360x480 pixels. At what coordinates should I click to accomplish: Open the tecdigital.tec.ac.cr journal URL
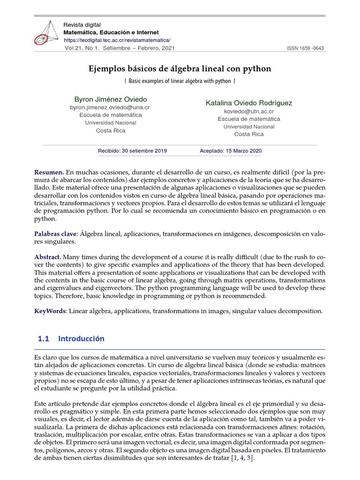tap(117, 40)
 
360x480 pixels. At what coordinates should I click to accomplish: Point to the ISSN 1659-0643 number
tap(305, 49)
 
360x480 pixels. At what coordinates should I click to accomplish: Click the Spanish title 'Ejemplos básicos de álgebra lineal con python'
tap(180, 69)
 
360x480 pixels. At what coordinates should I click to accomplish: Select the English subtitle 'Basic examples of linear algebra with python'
tap(180, 81)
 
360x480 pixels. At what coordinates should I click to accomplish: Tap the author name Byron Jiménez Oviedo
tap(111, 99)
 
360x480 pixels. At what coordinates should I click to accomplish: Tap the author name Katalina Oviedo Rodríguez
tap(249, 103)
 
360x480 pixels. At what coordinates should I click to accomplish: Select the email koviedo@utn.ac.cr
tap(249, 111)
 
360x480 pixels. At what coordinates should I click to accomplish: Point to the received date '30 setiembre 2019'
tap(143, 151)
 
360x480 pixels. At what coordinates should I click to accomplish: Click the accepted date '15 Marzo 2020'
tap(243, 151)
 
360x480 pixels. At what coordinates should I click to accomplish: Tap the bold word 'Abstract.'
tap(48, 257)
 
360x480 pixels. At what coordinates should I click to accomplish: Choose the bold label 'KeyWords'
tap(50, 311)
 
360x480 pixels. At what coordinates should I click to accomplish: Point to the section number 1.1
tap(44, 338)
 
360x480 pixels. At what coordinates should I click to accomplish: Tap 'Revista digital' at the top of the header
tap(82, 24)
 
